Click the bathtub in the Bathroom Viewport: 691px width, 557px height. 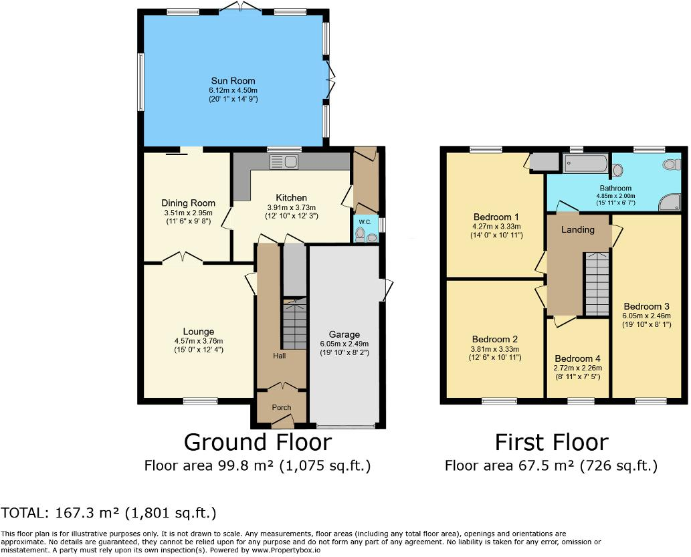point(585,164)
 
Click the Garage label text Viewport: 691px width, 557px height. point(344,334)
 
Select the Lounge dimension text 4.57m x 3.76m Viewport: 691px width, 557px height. point(199,341)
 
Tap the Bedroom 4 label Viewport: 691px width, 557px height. point(577,358)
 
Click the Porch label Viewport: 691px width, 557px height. point(281,408)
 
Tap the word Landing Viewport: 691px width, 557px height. point(578,229)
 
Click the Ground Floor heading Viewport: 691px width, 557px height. point(258,443)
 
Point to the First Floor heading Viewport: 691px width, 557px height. point(551,443)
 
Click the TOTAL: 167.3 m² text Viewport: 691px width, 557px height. point(108,513)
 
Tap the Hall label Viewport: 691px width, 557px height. point(279,356)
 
